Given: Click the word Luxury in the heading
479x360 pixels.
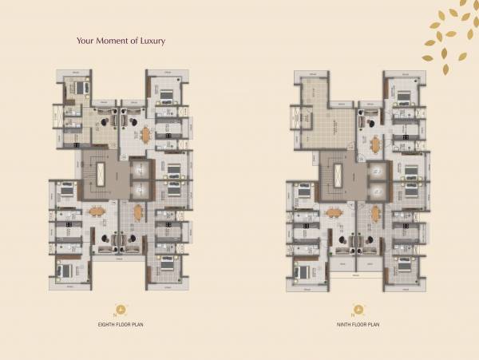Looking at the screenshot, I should click(x=148, y=41).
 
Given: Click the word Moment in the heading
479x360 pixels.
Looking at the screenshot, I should click(x=111, y=41).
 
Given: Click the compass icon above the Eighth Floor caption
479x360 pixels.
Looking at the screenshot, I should click(x=121, y=310).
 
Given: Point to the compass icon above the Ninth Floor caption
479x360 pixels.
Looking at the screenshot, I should click(x=358, y=310).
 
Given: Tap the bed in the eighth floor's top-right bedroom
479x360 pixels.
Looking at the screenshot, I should click(x=166, y=97).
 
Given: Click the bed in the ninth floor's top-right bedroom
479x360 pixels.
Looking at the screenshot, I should click(x=403, y=97).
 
